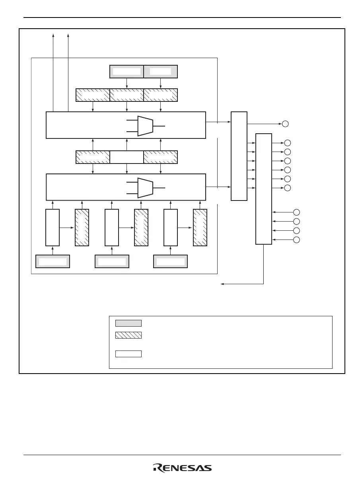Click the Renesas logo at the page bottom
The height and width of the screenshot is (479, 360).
pyautogui.click(x=182, y=468)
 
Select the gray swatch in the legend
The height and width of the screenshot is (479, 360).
pyautogui.click(x=128, y=323)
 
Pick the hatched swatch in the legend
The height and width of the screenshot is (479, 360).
pyautogui.click(x=128, y=335)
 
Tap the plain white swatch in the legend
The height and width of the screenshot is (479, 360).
pyautogui.click(x=128, y=354)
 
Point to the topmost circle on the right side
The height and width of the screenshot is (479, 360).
pyautogui.click(x=285, y=124)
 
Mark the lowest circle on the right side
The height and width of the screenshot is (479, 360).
pyautogui.click(x=296, y=240)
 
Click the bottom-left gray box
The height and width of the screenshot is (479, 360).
pyautogui.click(x=53, y=261)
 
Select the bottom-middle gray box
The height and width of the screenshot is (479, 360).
pyautogui.click(x=112, y=261)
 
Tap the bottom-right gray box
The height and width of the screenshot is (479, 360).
pyautogui.click(x=171, y=261)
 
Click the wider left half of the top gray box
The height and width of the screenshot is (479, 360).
pyautogui.click(x=126, y=71)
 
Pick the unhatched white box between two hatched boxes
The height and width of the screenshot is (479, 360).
pyautogui.click(x=126, y=157)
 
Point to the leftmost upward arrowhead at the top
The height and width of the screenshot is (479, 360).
pyautogui.click(x=53, y=35)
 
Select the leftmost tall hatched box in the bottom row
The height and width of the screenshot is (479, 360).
pyautogui.click(x=82, y=227)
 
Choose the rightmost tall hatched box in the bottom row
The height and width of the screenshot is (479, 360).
pyautogui.click(x=200, y=227)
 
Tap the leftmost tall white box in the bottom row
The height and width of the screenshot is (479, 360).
pyautogui.click(x=53, y=227)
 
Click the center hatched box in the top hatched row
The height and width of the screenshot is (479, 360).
pyautogui.click(x=126, y=95)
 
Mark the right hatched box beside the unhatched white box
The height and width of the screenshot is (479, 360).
pyautogui.click(x=161, y=157)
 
